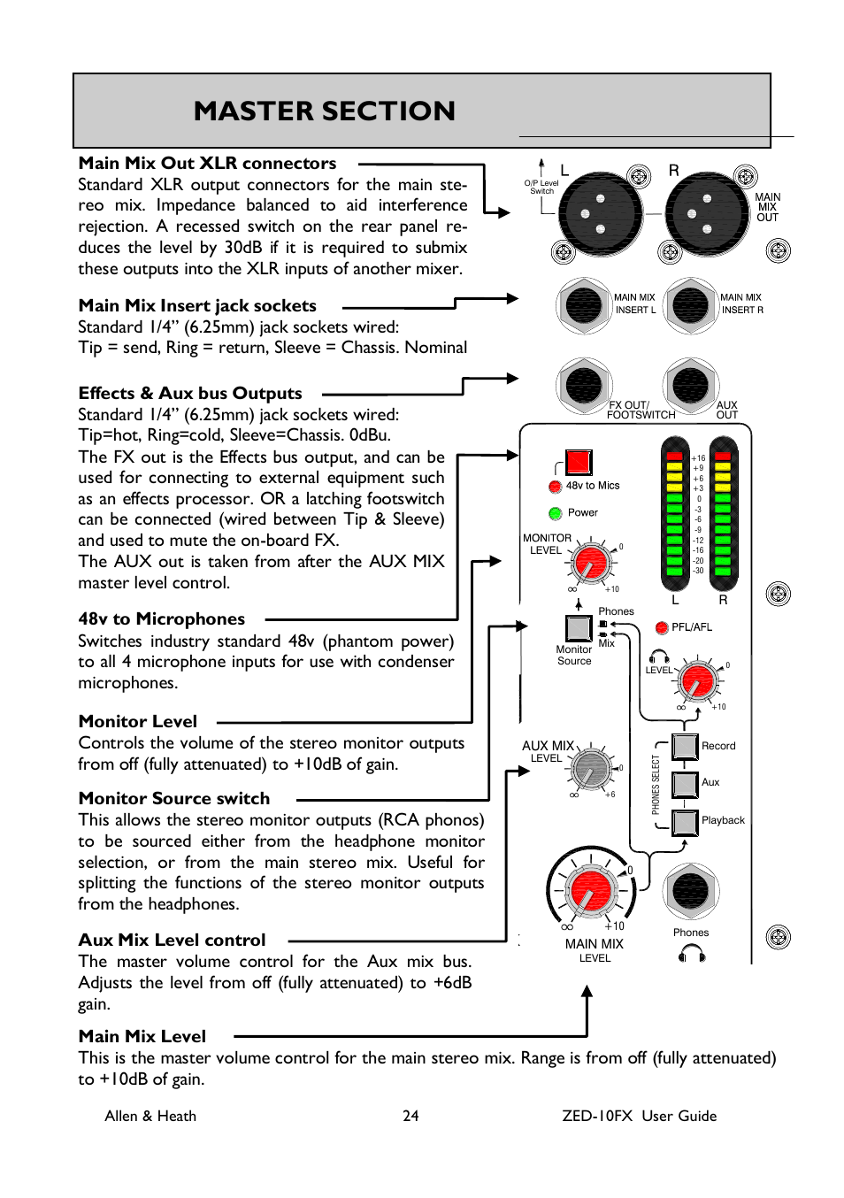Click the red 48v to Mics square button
[579, 462]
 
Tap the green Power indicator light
[556, 513]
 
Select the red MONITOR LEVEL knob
[591, 562]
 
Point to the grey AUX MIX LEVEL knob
[591, 769]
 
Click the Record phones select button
[686, 746]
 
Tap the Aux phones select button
[686, 784]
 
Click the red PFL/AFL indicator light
[661, 627]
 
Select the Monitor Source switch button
[579, 627]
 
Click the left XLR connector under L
[600, 213]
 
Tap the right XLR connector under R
[707, 213]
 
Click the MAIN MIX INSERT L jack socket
[584, 305]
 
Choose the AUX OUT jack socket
[690, 385]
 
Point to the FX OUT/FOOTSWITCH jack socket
[584, 385]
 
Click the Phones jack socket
[690, 891]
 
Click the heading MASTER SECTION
[325, 111]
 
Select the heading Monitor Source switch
[174, 799]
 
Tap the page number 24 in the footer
[410, 1117]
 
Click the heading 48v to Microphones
[162, 619]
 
